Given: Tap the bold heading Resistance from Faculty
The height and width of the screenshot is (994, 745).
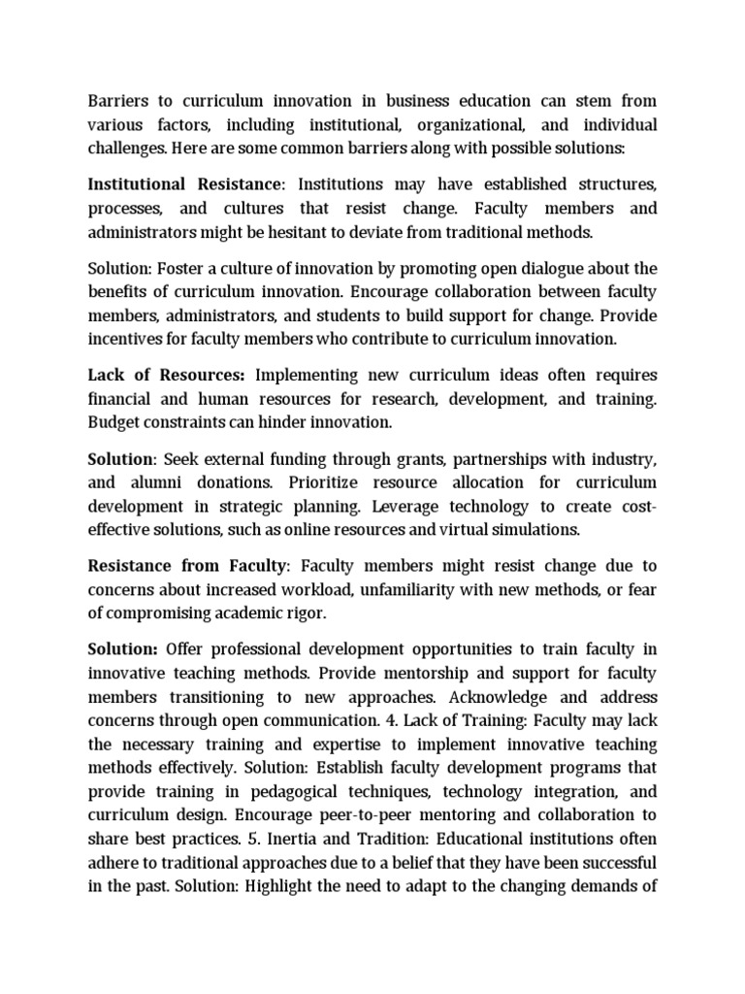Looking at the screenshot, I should point(189,565).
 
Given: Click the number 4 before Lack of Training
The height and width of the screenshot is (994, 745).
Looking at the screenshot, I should point(385,722).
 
